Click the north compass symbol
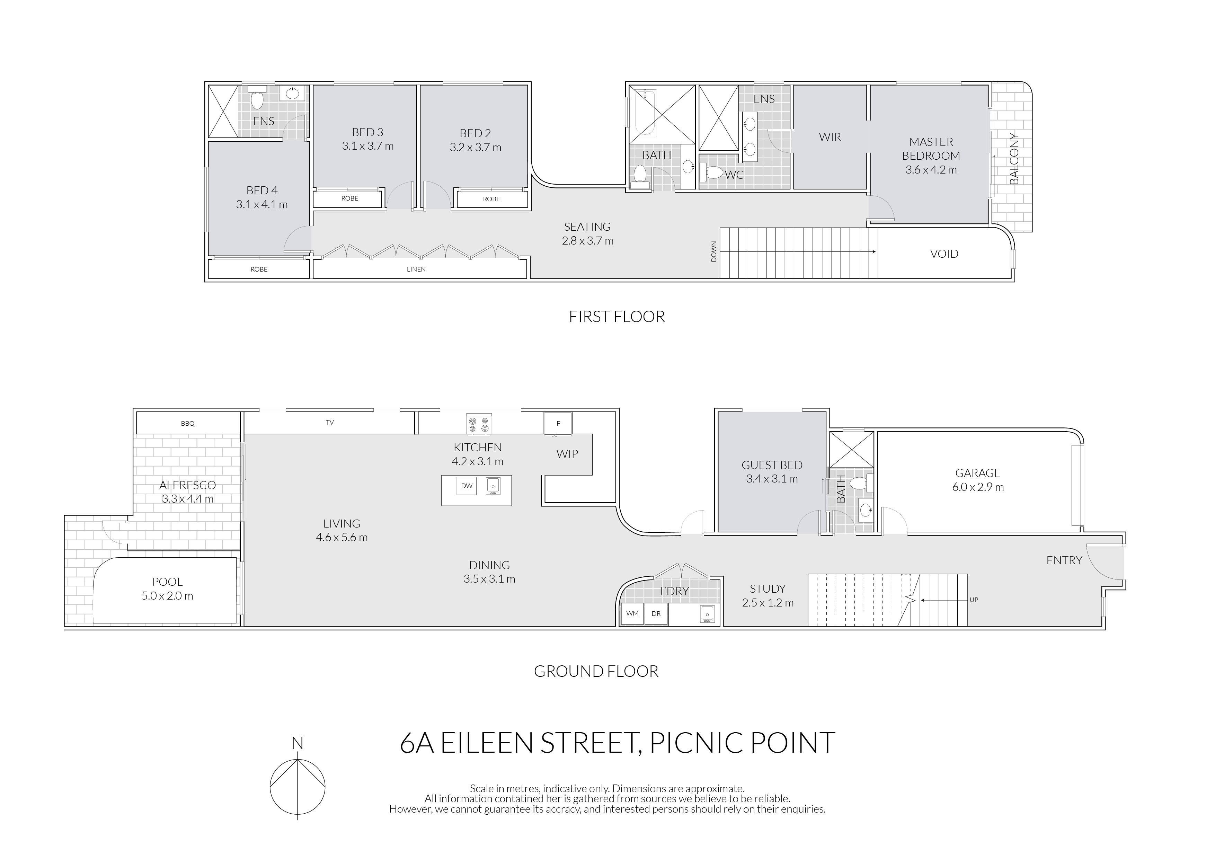(298, 787)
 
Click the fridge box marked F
(558, 423)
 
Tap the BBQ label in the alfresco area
(187, 423)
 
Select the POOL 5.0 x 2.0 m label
(167, 588)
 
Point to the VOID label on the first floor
(944, 254)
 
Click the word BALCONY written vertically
(1013, 159)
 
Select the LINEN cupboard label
(416, 269)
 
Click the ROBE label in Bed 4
(259, 269)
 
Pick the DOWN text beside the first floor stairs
(713, 251)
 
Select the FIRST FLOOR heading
(617, 317)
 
